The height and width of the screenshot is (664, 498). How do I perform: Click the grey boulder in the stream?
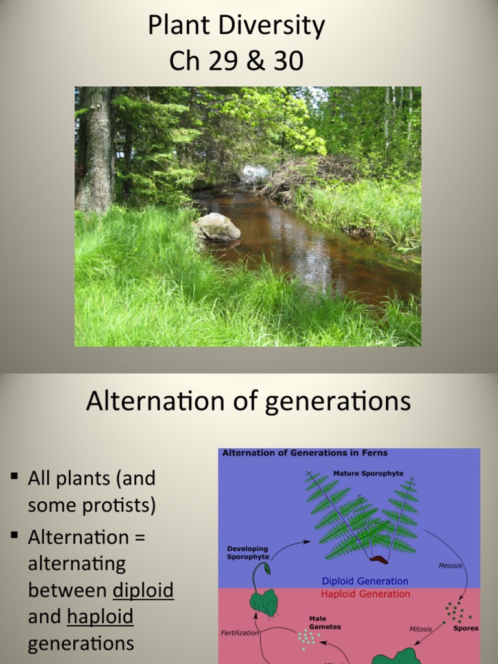[217, 228]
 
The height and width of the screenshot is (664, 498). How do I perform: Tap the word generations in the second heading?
[338, 403]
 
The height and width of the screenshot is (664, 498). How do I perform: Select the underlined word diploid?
[143, 590]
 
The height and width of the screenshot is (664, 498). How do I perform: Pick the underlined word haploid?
[100, 616]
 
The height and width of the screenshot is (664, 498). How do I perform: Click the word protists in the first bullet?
[123, 505]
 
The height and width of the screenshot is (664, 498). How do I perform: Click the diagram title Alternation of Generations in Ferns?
[305, 453]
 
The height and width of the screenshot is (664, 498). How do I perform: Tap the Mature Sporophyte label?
[368, 473]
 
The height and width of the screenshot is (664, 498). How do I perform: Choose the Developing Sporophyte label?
[247, 552]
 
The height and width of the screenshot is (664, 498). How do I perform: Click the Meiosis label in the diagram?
[451, 565]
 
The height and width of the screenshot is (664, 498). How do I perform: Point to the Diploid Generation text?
[365, 581]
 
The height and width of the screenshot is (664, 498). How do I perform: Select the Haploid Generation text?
[366, 593]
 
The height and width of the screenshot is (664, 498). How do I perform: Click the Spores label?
[466, 628]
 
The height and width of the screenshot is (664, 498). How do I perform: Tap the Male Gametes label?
[325, 622]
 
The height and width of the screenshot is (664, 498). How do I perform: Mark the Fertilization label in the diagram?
[239, 632]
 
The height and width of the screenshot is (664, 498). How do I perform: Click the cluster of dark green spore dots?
[456, 612]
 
